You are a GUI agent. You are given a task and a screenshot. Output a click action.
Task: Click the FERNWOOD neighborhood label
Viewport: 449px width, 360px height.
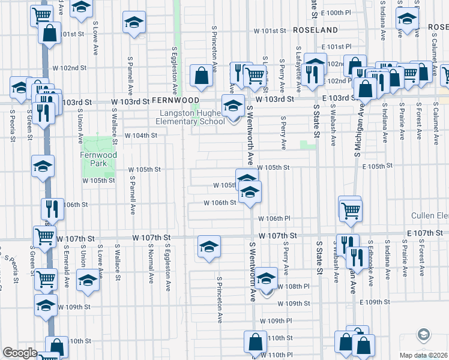click(x=175, y=100)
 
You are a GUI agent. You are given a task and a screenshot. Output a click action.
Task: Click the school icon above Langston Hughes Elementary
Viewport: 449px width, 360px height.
click(x=233, y=106)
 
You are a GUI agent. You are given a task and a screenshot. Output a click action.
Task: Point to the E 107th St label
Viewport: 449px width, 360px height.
click(x=424, y=232)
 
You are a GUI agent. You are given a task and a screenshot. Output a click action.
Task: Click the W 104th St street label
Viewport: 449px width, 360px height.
click(x=140, y=136)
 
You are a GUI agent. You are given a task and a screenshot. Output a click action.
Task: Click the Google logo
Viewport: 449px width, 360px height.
click(x=20, y=353)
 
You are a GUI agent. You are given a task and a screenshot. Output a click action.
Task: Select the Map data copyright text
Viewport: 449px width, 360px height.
click(x=424, y=355)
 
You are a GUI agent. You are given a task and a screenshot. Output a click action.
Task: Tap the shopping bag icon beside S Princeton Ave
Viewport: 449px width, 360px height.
click(x=201, y=76)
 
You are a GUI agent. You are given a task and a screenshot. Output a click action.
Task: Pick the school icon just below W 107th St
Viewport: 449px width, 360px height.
click(x=209, y=247)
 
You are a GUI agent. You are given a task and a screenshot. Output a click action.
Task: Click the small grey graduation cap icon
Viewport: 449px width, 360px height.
click(x=424, y=335)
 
